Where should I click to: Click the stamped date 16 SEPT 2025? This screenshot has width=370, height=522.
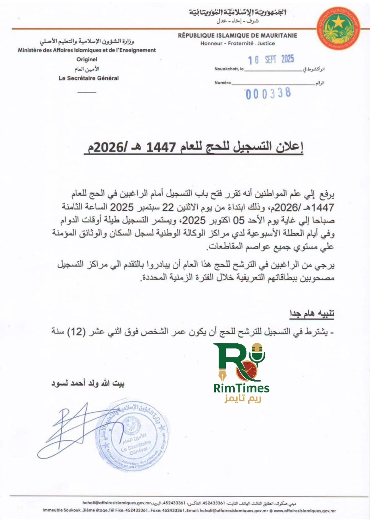[x=271, y=60]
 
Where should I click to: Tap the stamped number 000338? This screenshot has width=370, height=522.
[x=268, y=93]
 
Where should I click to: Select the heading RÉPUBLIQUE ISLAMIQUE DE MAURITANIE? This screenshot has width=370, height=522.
[x=237, y=35]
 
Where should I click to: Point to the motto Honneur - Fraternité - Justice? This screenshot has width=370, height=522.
[x=237, y=43]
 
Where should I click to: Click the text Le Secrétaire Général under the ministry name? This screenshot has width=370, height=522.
[x=89, y=78]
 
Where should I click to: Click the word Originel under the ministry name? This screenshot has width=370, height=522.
[x=87, y=59]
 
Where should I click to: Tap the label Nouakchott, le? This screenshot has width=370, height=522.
[x=229, y=69]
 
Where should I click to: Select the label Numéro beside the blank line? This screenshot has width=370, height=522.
[x=222, y=83]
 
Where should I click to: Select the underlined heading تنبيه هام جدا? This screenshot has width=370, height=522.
[x=312, y=314]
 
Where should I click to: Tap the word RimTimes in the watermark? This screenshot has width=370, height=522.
[x=241, y=388]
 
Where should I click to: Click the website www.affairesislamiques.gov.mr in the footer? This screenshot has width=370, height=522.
[x=305, y=510]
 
